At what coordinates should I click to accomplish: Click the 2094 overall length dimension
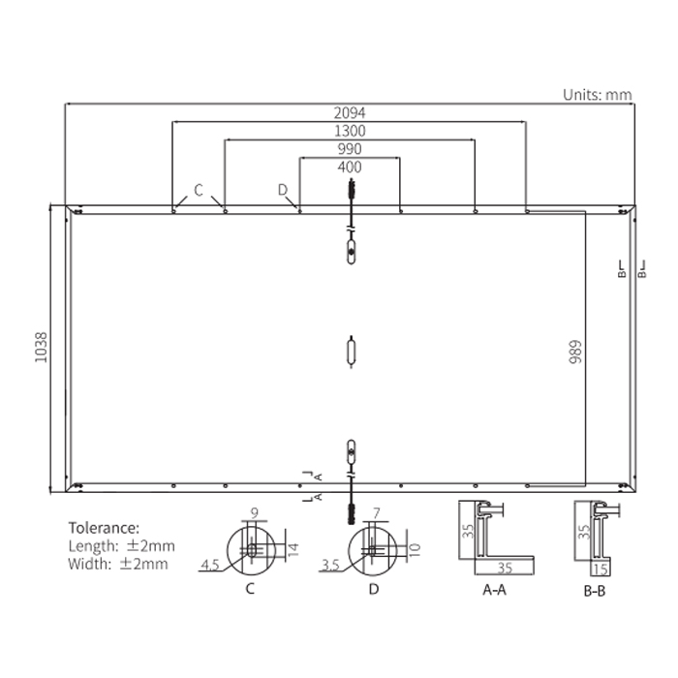350,113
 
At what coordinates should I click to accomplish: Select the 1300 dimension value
350,131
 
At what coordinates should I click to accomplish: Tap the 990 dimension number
350,149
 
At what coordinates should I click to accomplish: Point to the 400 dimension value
350,167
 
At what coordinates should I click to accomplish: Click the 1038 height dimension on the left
41,348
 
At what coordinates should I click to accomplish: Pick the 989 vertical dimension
575,352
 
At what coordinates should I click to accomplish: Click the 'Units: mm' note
598,95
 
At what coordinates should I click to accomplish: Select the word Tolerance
104,528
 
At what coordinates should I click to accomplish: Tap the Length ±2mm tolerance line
121,546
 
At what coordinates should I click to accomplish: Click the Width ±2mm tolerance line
117,564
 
